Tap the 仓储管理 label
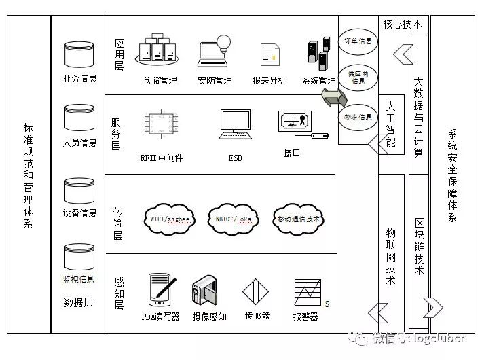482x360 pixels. tap(160, 81)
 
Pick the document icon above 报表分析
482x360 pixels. tap(270, 55)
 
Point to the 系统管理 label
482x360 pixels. tap(318, 81)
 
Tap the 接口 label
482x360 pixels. tap(292, 154)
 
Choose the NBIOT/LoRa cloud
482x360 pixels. tap(234, 219)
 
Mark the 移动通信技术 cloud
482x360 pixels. tap(298, 219)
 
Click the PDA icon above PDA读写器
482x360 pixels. tap(160, 288)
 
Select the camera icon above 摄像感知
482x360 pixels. tap(208, 291)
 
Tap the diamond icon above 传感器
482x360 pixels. tap(257, 291)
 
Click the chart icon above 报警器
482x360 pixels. tap(307, 293)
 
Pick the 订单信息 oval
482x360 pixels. tap(358, 41)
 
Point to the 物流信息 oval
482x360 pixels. tap(358, 117)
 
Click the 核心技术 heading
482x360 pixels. tap(402, 24)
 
